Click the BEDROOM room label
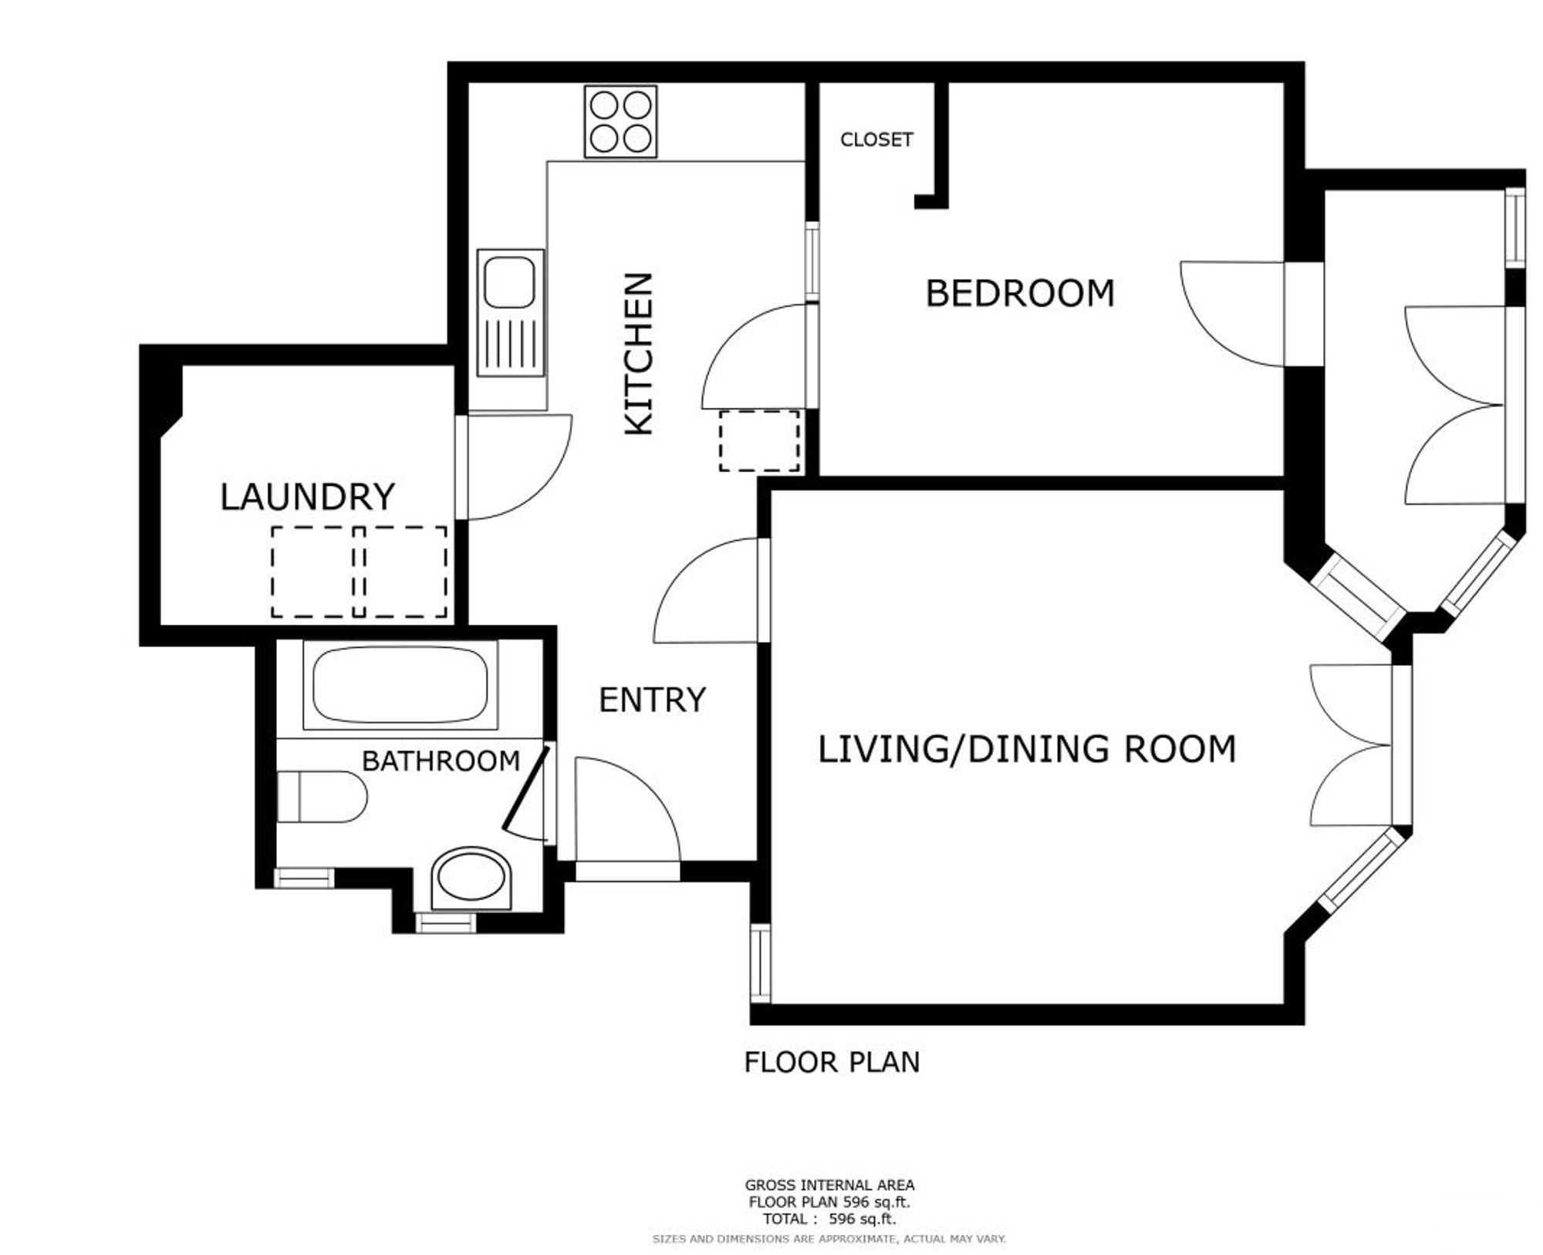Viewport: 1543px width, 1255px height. pos(1020,293)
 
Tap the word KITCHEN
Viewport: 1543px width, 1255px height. pos(639,354)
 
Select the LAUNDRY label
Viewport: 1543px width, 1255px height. pos(308,497)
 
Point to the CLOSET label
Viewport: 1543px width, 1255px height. pos(876,140)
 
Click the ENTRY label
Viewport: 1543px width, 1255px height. pos(653,700)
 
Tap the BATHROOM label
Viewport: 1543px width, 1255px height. pos(441,761)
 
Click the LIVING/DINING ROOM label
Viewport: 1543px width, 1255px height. pos(1027,750)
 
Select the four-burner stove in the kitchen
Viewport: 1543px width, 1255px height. pos(620,122)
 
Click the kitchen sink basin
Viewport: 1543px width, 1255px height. pos(509,282)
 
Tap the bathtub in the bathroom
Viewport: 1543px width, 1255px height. pos(400,685)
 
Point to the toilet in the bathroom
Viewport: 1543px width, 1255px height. pos(322,796)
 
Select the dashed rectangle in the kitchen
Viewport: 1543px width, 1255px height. pos(759,441)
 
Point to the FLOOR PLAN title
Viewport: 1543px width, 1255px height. pos(832,1063)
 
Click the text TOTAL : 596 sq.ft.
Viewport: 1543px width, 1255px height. pos(829,1220)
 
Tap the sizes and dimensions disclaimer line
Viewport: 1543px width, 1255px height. pos(829,1239)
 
